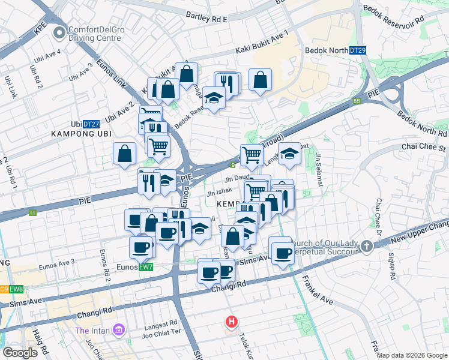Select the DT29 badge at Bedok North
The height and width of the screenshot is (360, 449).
357,51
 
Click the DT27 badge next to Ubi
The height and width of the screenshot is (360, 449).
91,124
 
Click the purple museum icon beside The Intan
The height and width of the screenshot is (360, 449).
118,331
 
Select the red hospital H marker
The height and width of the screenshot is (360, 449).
231,322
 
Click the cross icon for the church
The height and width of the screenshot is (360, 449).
366,245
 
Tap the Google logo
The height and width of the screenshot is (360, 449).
20,353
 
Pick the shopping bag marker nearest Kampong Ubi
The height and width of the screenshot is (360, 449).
124,153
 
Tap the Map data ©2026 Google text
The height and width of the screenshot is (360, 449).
412,355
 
